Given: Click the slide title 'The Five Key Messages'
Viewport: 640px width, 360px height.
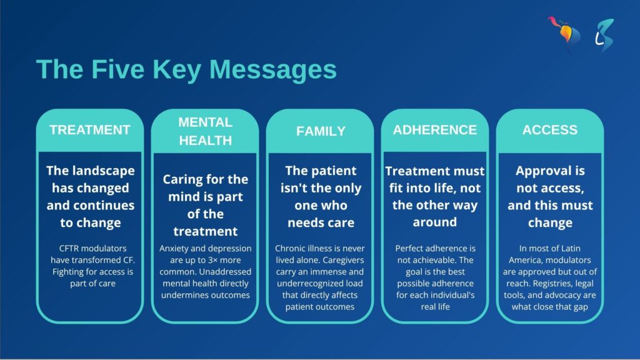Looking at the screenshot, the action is (186, 70).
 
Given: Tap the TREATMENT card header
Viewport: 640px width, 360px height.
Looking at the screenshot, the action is (90, 130).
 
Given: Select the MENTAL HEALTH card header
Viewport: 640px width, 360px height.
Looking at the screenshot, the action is (205, 131).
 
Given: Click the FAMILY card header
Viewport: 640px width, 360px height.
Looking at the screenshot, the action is (321, 131).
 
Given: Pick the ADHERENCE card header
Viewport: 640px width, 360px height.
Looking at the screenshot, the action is (435, 130).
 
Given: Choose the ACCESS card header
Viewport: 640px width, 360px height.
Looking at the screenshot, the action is (550, 130).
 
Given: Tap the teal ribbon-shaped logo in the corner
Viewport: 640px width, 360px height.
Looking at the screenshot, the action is (604, 35).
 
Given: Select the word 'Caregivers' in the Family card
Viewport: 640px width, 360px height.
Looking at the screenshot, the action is (343, 260).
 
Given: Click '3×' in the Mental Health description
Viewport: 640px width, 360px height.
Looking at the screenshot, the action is (212, 260).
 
